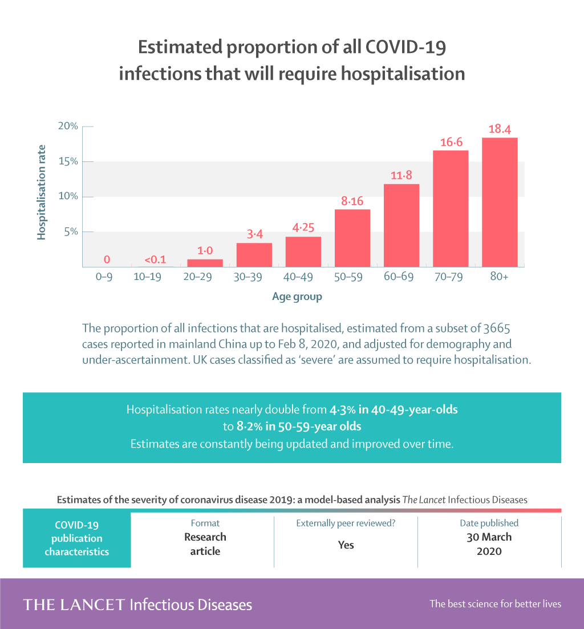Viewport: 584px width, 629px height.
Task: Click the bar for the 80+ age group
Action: click(x=500, y=202)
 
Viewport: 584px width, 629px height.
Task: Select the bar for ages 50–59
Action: click(x=352, y=238)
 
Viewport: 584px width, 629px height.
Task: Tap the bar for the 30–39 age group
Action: click(x=254, y=255)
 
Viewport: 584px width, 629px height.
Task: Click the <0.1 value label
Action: click(x=155, y=260)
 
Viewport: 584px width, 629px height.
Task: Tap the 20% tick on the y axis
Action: click(x=67, y=126)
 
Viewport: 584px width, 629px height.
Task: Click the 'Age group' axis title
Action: click(x=297, y=297)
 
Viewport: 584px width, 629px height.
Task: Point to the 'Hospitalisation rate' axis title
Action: click(x=42, y=192)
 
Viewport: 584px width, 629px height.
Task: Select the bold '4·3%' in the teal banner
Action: click(x=342, y=409)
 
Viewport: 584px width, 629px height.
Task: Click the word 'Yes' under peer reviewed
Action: click(x=346, y=545)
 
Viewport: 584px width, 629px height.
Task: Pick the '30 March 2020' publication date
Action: click(x=489, y=544)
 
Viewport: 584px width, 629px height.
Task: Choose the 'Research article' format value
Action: click(x=205, y=544)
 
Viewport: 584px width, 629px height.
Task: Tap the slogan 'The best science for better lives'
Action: click(x=495, y=604)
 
